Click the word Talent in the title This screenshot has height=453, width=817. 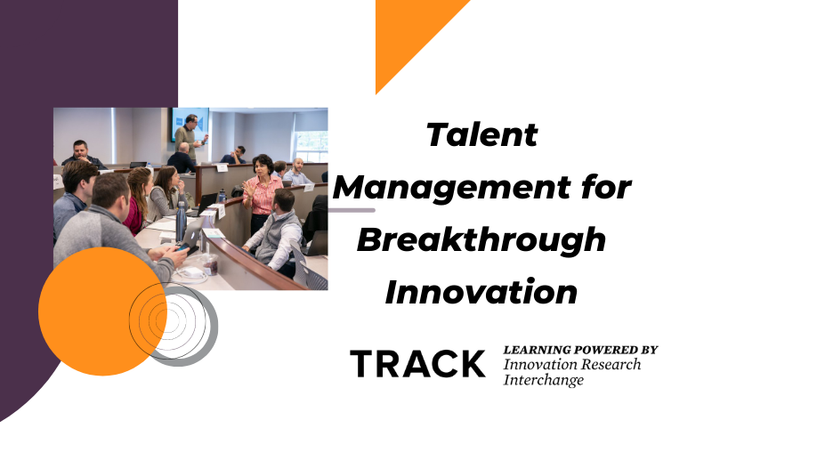[481, 135]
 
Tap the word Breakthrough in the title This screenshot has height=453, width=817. [482, 239]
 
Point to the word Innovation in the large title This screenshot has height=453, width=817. [481, 292]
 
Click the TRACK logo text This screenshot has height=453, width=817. [417, 363]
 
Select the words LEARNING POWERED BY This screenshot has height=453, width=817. [580, 350]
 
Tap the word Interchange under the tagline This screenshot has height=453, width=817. [544, 380]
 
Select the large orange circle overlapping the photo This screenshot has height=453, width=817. [98, 307]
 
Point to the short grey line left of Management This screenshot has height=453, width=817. [352, 210]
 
